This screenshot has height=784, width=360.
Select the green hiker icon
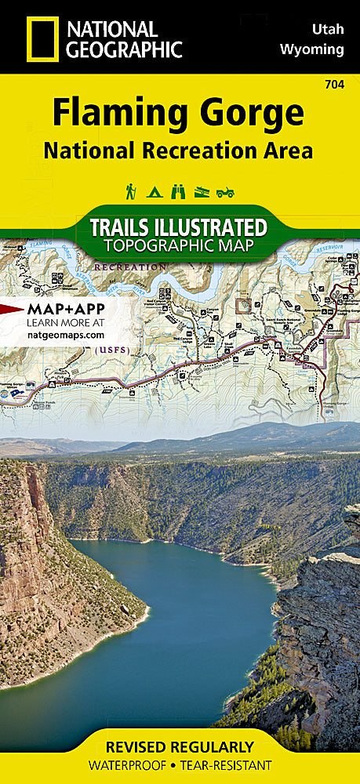tap(130, 191)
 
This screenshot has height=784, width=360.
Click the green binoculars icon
tap(178, 191)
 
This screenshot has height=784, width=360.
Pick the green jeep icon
tap(227, 191)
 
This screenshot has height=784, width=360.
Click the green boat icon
tap(202, 191)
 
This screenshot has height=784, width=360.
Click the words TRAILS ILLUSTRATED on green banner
tap(178, 227)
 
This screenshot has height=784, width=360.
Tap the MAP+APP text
tap(65, 308)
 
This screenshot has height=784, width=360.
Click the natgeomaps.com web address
tap(66, 335)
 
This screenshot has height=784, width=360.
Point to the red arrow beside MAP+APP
tap(11, 308)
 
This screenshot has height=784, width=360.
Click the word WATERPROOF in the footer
tap(134, 765)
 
